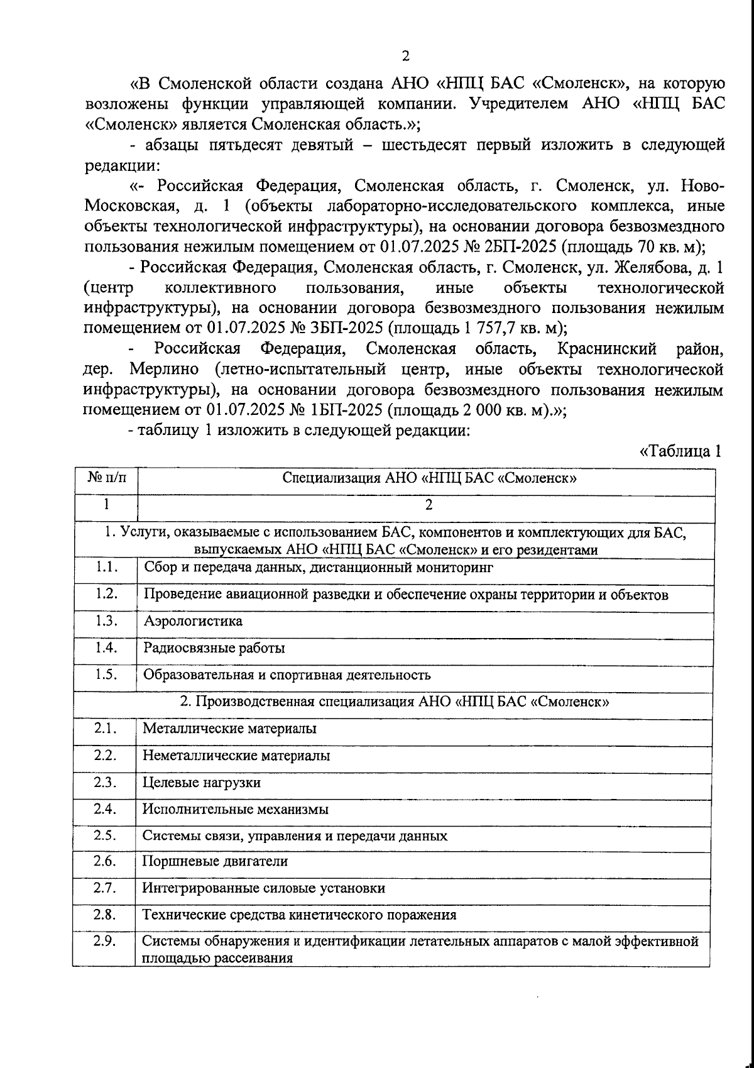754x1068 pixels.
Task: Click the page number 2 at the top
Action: [x=405, y=56]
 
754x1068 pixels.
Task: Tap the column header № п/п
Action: [x=104, y=478]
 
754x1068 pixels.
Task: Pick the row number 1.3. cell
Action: [x=104, y=621]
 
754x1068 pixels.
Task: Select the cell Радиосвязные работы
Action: [x=214, y=648]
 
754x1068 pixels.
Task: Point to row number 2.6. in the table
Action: [x=104, y=861]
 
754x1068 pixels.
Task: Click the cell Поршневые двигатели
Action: [x=215, y=861]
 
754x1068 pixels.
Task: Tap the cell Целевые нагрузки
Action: [x=201, y=783]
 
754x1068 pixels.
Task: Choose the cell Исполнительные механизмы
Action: [x=236, y=810]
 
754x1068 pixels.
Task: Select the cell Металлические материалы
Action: [x=229, y=729]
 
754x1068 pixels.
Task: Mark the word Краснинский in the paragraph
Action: [x=606, y=349]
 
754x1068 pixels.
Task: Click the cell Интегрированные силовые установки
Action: [x=263, y=888]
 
